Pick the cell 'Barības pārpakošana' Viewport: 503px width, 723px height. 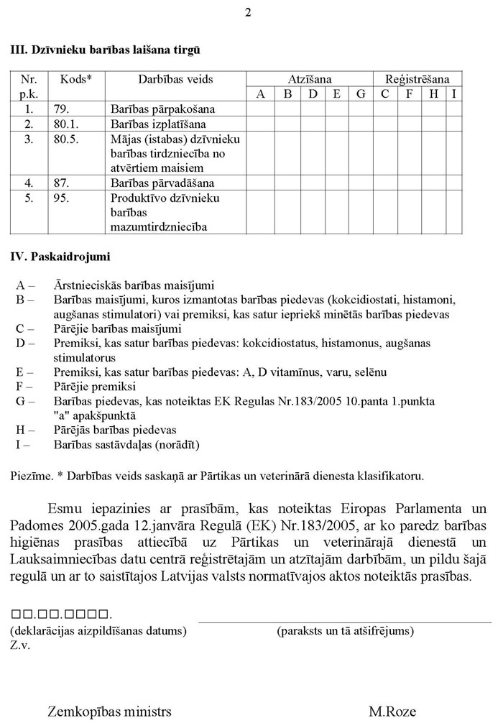tap(164, 109)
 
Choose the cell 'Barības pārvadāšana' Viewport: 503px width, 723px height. tap(163, 183)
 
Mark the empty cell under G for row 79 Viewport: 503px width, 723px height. tap(361, 109)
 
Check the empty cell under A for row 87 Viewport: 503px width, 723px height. tap(261, 183)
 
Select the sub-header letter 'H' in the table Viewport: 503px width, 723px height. tap(433, 94)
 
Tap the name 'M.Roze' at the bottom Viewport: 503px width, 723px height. tap(389, 712)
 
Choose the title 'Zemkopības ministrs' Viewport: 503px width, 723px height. tap(110, 712)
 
